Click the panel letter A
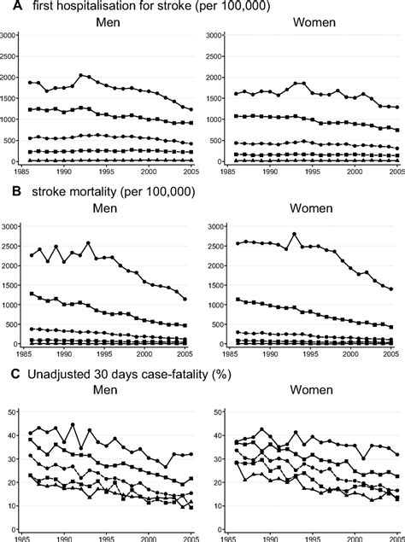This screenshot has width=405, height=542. click(8, 8)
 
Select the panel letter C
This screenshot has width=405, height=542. click(8, 373)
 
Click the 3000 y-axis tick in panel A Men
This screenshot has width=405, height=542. click(9, 36)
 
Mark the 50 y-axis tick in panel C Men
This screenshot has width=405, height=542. click(13, 412)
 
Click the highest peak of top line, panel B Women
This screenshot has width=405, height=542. click(295, 234)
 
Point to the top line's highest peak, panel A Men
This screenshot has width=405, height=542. click(80, 75)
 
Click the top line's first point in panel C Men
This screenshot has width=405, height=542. click(30, 433)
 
